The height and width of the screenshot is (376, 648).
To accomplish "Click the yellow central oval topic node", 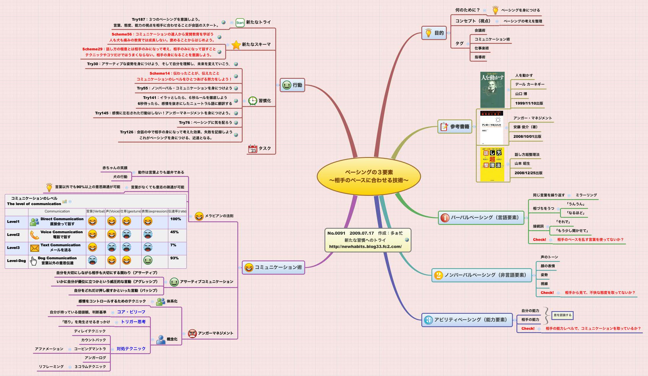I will point(369,176).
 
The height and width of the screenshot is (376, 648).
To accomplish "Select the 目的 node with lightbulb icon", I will point(434,33).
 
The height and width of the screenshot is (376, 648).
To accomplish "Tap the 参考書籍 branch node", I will point(455,127).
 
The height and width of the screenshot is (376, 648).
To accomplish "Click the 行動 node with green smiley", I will point(292,85).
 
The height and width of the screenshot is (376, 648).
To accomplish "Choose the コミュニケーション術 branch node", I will point(273,267).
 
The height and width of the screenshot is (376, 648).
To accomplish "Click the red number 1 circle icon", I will point(445,218).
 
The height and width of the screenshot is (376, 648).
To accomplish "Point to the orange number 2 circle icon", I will point(438,275).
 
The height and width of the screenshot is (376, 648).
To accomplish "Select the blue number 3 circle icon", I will point(428,320).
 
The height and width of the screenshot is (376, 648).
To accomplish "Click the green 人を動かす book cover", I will point(492,90).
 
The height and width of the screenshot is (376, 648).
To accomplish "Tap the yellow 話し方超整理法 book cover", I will point(492,164).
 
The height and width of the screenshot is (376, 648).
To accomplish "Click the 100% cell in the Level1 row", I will point(175,219).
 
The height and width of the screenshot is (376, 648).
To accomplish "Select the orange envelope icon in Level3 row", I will point(35,248).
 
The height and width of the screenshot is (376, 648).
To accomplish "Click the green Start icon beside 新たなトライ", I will point(240,23).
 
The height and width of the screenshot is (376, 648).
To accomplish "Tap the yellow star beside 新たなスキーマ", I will point(236,45).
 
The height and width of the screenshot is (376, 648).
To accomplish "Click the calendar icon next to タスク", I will point(252,149).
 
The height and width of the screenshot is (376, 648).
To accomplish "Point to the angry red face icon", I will point(192,333).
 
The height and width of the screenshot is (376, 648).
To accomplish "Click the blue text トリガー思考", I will point(133,322).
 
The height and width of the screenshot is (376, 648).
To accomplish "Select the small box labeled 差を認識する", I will point(562,315).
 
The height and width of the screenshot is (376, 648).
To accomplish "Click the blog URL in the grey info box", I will point(365,247).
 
